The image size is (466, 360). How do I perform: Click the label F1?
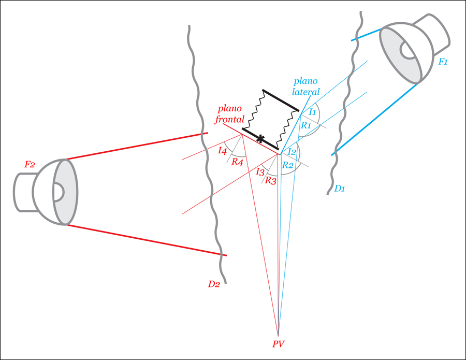443,62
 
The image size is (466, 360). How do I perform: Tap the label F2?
30,165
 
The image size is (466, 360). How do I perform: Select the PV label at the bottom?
279,343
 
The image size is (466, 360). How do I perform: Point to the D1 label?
340,189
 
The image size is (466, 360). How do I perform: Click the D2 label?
214,283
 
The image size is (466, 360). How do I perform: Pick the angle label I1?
312,112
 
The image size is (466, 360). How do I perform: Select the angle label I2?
292,152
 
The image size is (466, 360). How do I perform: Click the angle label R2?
287,165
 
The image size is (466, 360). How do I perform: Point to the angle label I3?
260,171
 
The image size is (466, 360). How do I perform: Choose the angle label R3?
270,180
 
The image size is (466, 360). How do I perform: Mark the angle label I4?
222,151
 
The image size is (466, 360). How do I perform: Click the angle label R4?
237,162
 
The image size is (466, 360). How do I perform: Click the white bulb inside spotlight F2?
57,192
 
